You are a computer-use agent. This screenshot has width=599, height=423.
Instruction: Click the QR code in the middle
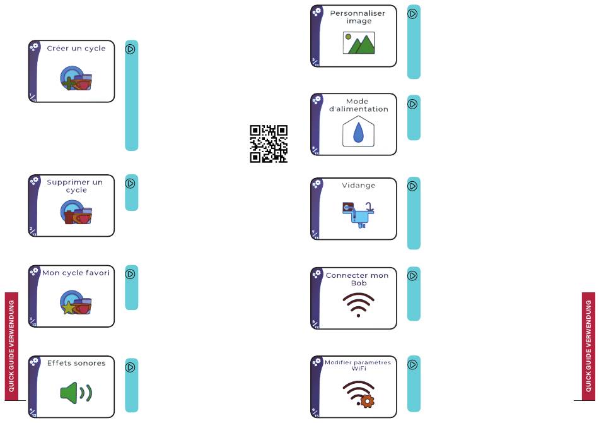[x=269, y=144]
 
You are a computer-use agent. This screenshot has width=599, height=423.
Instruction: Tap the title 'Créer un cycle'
[x=76, y=49]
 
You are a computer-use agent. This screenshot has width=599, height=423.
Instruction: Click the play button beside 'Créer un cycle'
[x=131, y=49]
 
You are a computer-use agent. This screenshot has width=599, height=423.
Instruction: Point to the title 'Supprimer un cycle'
[x=75, y=186]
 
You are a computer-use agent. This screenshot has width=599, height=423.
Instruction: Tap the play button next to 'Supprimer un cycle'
[x=131, y=184]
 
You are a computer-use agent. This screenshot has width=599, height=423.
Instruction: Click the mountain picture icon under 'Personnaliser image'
[x=359, y=43]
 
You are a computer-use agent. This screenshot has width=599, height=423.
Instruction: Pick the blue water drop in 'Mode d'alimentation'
[x=358, y=133]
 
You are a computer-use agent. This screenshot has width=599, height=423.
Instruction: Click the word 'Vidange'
[x=359, y=186]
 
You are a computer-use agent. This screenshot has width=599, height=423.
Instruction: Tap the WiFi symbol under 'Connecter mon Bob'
[x=358, y=304]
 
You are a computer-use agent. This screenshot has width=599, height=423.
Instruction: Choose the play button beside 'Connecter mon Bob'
[x=413, y=276]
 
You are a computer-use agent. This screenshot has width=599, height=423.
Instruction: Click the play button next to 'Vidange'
[x=413, y=186]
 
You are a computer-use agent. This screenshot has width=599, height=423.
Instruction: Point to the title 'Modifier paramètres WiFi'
[x=358, y=365]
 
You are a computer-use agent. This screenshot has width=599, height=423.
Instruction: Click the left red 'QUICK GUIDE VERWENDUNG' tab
[x=11, y=346]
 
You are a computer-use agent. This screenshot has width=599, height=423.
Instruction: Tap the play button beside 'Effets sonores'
[x=131, y=367]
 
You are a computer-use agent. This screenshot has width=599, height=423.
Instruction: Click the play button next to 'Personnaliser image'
[x=413, y=13]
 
